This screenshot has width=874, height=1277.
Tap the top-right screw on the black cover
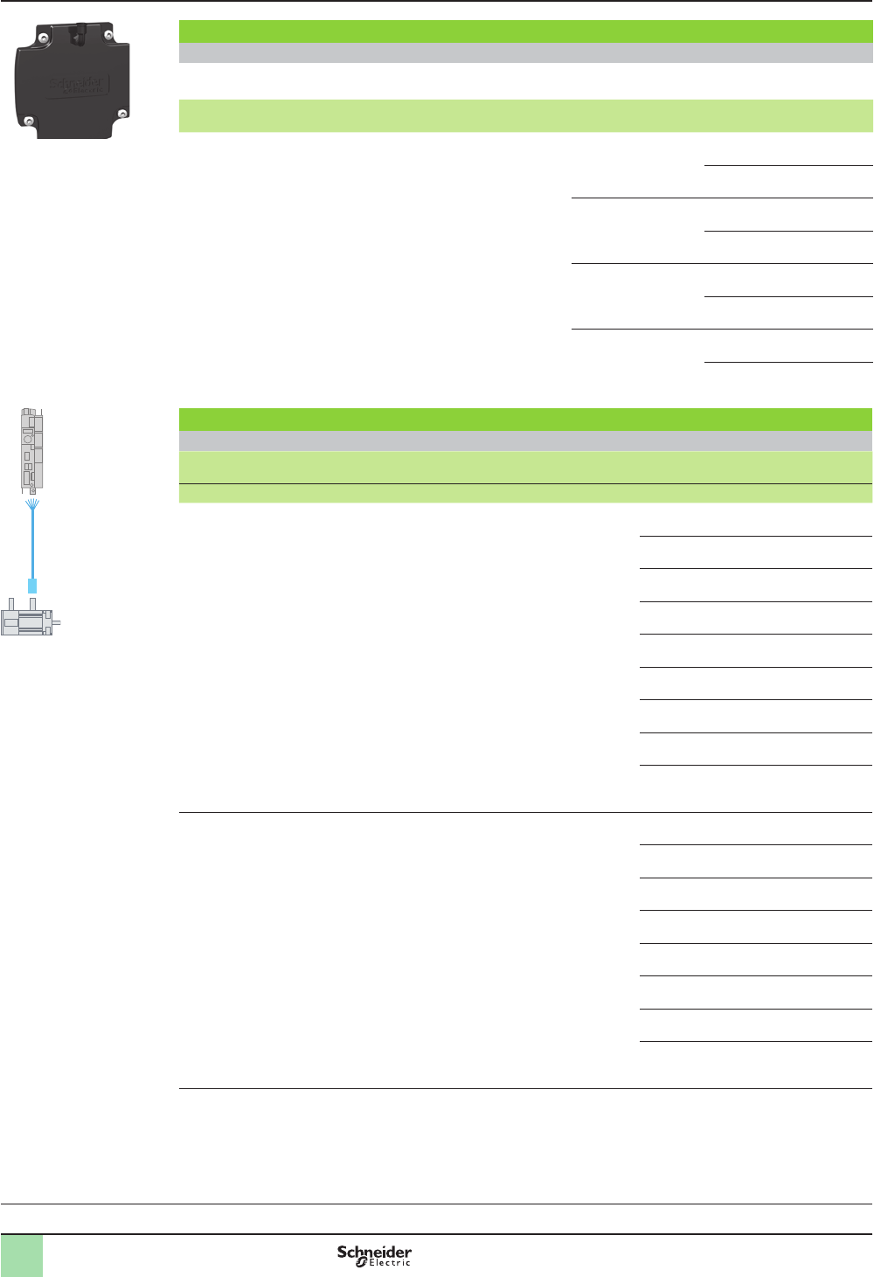108,36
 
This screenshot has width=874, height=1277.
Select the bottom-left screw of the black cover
29,121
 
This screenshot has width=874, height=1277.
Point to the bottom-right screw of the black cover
122,113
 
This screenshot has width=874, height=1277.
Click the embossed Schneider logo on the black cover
76,86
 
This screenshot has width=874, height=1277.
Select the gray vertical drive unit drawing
32,448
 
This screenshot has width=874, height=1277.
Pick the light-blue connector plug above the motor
32,586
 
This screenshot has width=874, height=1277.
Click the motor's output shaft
58,622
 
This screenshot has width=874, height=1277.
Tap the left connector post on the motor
11,603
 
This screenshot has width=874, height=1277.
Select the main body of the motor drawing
26,621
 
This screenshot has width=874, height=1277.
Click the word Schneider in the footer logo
374,1252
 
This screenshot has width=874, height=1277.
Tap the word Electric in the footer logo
389,1262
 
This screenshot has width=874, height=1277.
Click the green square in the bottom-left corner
21,1256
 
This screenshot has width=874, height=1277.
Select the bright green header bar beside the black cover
525,31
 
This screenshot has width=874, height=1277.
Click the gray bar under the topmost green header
525,53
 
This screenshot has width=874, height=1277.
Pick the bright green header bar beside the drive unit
525,419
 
